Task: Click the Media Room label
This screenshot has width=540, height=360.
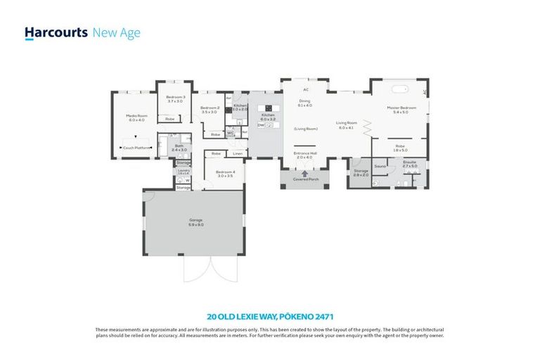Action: point(136,115)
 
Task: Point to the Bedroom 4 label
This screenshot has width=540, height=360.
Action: point(224,172)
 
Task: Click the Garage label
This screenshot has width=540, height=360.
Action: point(195,220)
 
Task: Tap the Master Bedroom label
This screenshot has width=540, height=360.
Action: point(401,108)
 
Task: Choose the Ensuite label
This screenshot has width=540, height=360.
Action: point(409,162)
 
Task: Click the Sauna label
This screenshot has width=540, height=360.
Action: point(380,166)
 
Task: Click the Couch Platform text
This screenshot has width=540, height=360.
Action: point(136,148)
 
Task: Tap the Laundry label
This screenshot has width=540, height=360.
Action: point(184,169)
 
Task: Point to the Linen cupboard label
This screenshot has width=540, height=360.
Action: point(238,153)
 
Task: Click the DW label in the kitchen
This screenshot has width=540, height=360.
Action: point(259,124)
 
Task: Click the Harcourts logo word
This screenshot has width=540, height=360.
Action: point(56,32)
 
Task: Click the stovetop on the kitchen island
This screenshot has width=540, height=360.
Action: point(268,108)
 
